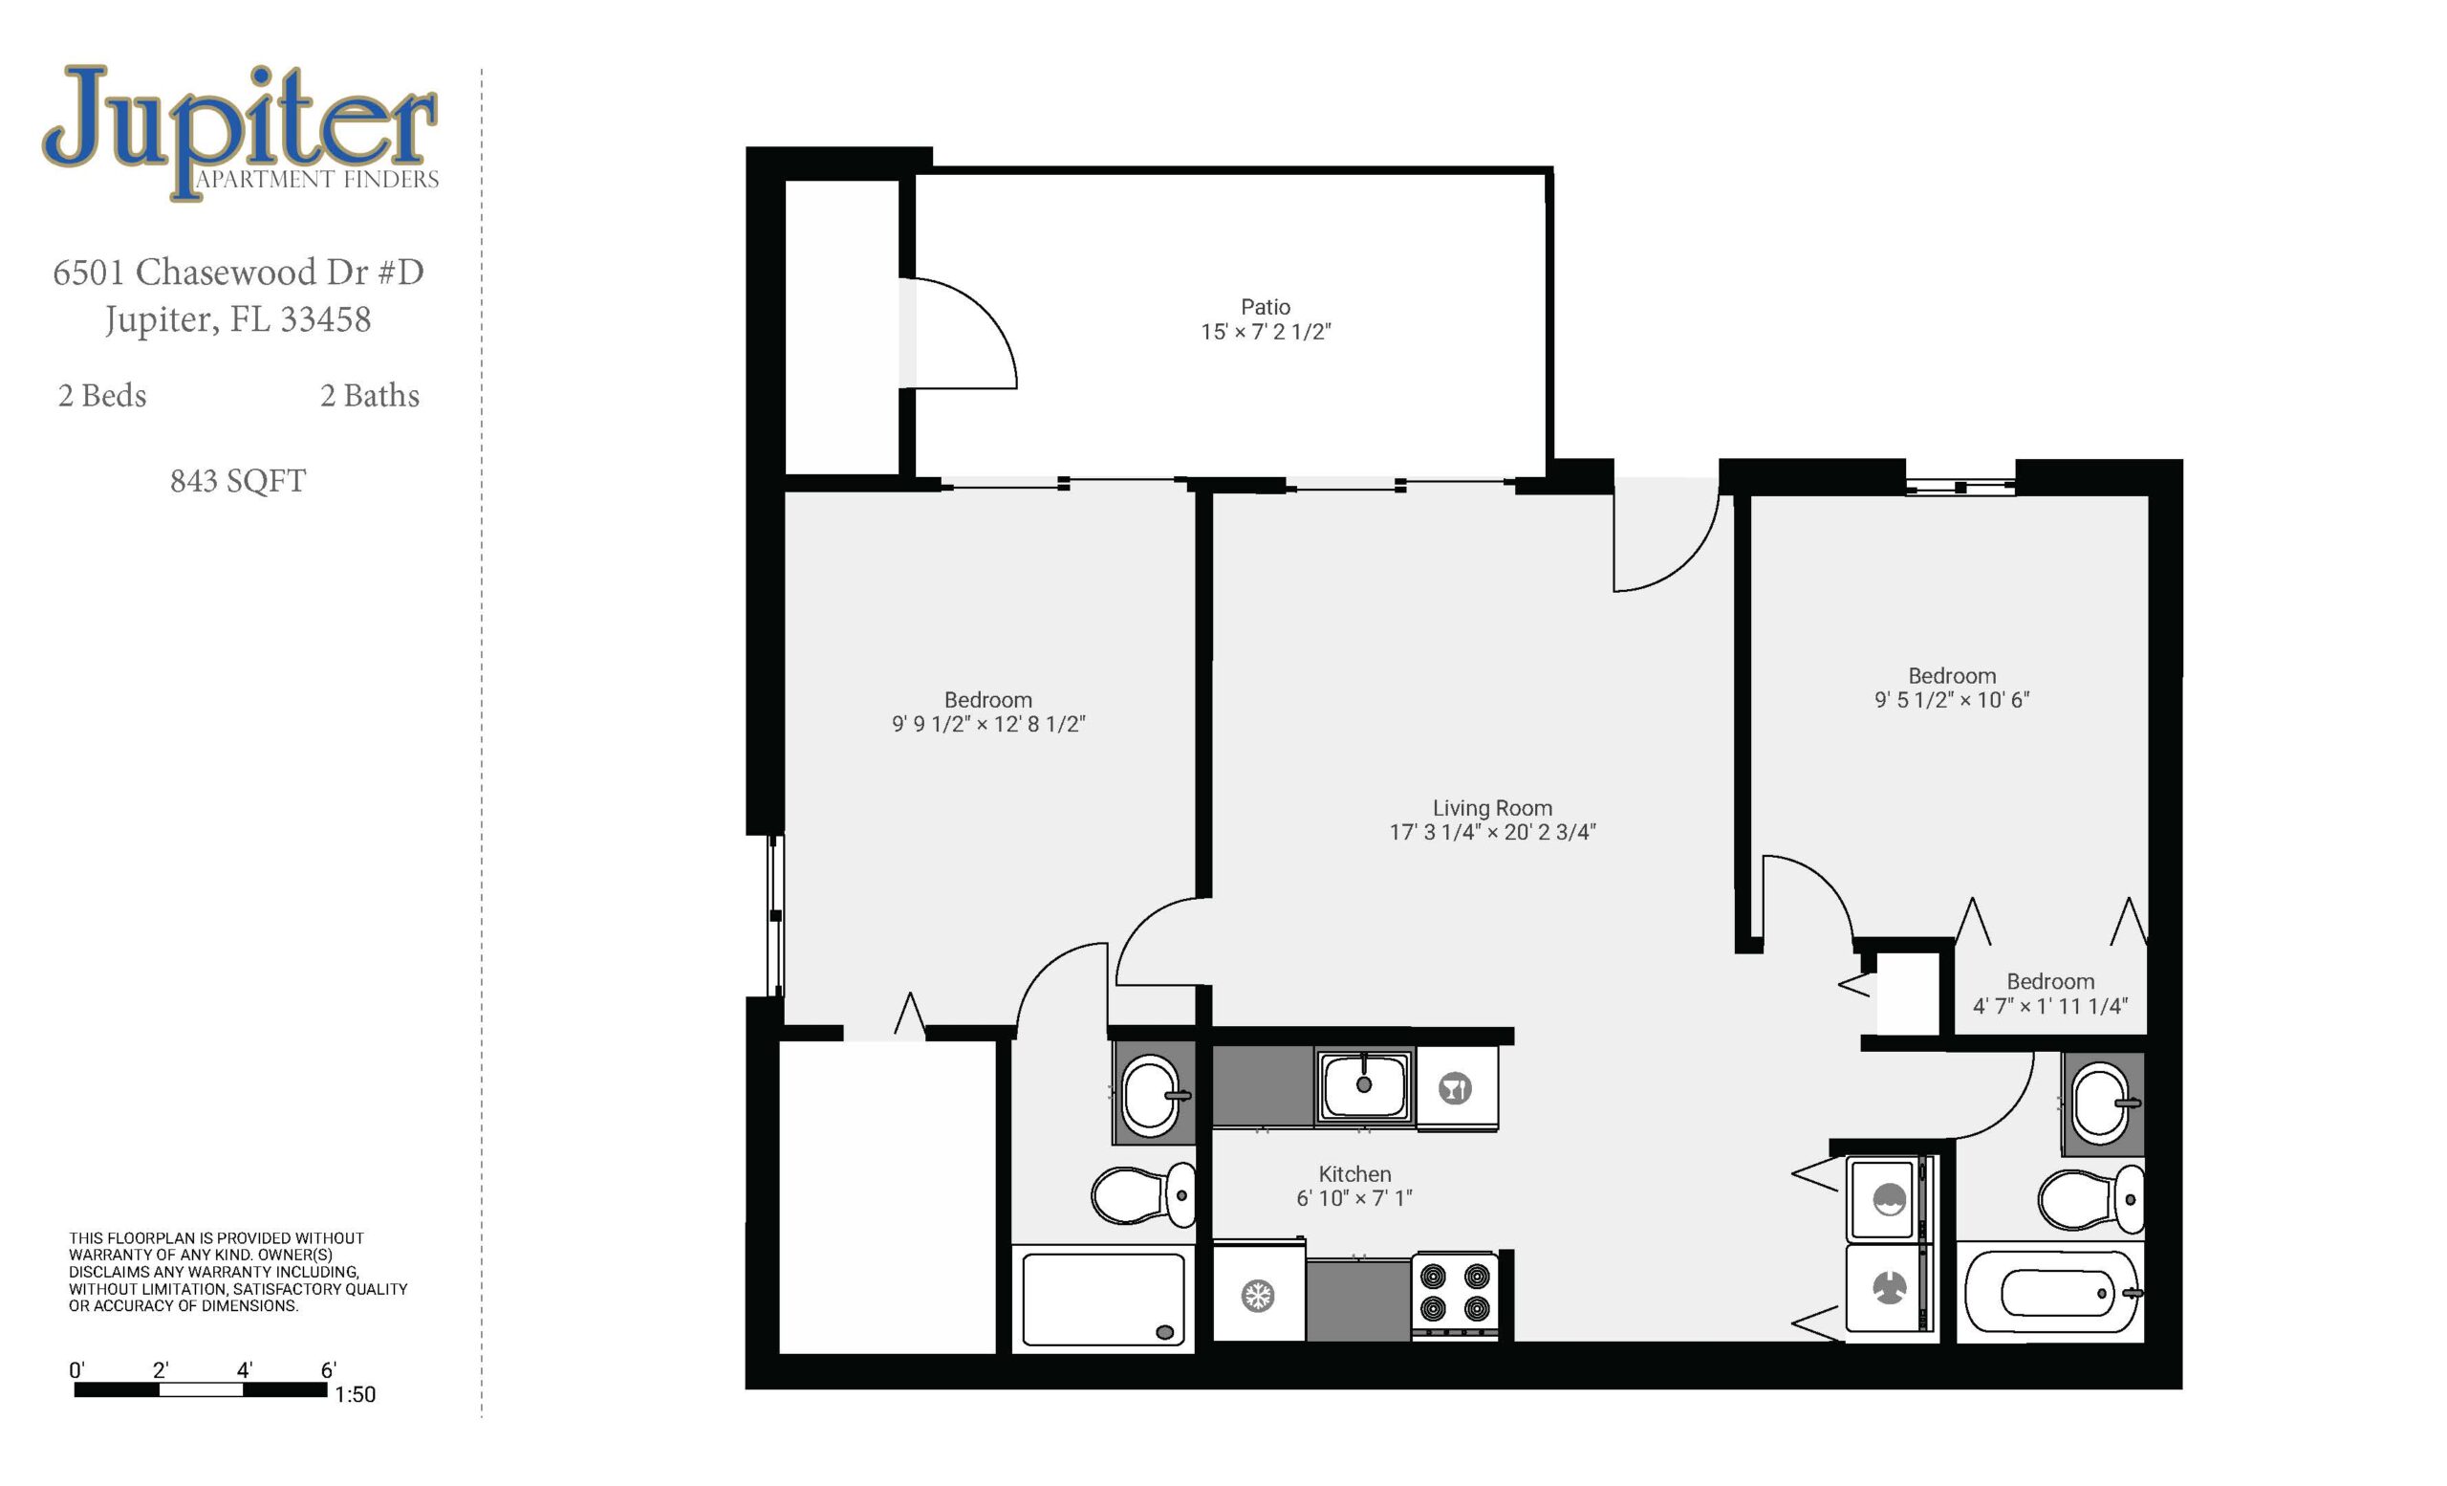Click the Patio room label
(1266, 307)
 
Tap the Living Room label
(1492, 809)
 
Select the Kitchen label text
(1354, 1174)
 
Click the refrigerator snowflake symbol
(1258, 1296)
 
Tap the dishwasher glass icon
(1456, 1087)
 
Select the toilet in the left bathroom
(1143, 1195)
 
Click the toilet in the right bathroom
(2090, 1199)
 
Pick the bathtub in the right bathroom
(2051, 1293)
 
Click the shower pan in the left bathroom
(1103, 1300)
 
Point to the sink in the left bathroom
(1153, 1096)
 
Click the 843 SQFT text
(237, 481)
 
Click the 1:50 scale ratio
(355, 1394)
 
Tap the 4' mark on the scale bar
(245, 1369)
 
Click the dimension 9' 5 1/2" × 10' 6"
(1952, 699)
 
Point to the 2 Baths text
(369, 395)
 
